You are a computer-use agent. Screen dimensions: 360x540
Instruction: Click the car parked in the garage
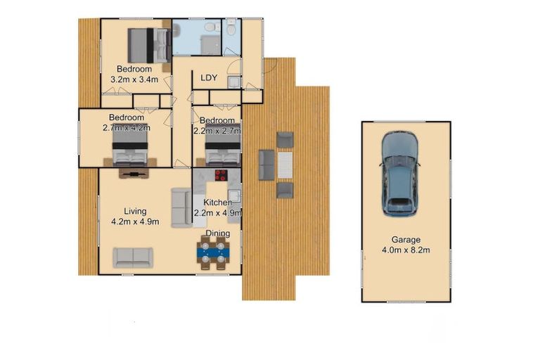click(x=399, y=174)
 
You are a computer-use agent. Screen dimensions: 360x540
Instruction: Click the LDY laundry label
click(x=208, y=78)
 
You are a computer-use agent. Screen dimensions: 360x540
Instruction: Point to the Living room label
click(x=135, y=211)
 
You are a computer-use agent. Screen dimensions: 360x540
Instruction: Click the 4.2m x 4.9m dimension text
click(x=135, y=221)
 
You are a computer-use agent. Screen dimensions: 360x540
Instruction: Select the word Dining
click(x=217, y=233)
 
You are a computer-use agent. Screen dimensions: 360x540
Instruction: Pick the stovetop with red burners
click(x=221, y=176)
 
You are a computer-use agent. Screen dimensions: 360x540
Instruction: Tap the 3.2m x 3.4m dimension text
click(x=134, y=80)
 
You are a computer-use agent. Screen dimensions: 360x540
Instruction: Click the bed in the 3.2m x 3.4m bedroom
click(x=148, y=46)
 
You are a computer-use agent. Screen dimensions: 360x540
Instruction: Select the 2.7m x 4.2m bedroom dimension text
click(x=127, y=128)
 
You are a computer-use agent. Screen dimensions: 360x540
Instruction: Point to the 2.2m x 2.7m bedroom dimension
click(x=217, y=129)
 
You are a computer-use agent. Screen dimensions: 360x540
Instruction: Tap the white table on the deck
click(x=285, y=166)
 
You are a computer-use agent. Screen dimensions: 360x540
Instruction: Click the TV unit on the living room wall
click(x=134, y=172)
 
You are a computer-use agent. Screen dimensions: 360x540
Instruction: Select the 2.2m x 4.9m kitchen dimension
click(x=217, y=213)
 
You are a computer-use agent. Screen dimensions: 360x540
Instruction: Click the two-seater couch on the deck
click(x=267, y=165)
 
